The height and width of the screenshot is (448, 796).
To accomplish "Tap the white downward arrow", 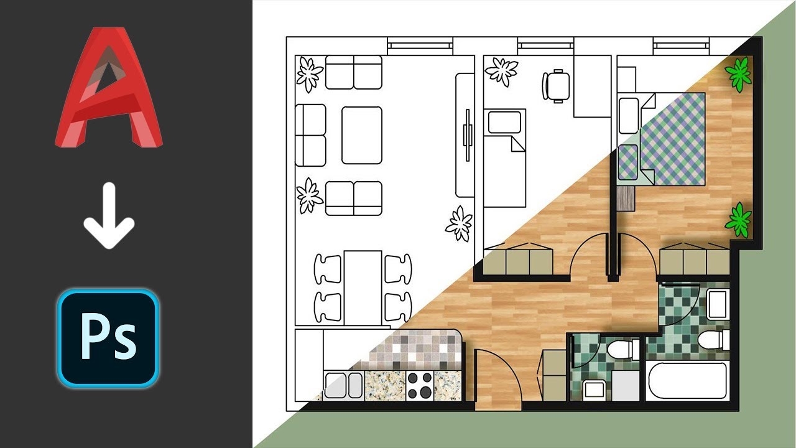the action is (x=109, y=215).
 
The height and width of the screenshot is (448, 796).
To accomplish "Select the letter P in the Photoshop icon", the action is (x=94, y=335).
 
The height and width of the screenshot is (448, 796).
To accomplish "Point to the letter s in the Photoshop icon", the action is (x=124, y=342).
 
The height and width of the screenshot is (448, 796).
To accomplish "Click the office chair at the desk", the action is (x=556, y=86).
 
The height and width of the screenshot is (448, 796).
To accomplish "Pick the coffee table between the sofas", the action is (x=362, y=135).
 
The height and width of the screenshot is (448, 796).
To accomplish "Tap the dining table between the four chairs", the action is (x=363, y=287).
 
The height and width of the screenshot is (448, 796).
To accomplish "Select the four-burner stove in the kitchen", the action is (x=420, y=385).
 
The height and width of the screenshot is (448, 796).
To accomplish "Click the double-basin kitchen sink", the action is (x=343, y=385).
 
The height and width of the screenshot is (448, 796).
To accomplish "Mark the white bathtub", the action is (x=687, y=381).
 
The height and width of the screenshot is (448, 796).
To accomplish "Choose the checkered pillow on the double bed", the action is (x=628, y=162).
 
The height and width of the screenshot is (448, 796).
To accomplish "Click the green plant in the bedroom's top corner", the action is (x=738, y=75).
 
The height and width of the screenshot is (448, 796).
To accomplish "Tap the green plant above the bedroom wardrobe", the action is (x=738, y=220).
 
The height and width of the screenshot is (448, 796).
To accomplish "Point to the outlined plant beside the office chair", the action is (x=501, y=72).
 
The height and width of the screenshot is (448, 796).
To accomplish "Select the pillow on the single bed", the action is (x=504, y=122).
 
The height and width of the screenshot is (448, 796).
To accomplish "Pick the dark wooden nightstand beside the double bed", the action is (x=626, y=198).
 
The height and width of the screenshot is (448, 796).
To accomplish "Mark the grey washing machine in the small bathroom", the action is (x=625, y=386).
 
